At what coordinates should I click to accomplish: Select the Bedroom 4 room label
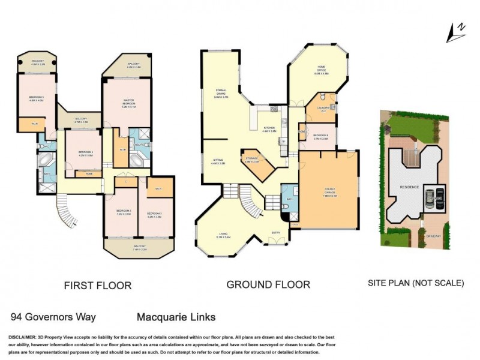pos(85,154)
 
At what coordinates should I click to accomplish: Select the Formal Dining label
pos(221,94)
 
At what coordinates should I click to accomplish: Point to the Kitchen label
pos(268,129)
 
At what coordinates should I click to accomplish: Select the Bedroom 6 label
pos(320,137)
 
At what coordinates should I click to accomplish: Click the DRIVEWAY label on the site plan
pos(434,236)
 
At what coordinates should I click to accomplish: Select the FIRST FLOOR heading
pos(98,285)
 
